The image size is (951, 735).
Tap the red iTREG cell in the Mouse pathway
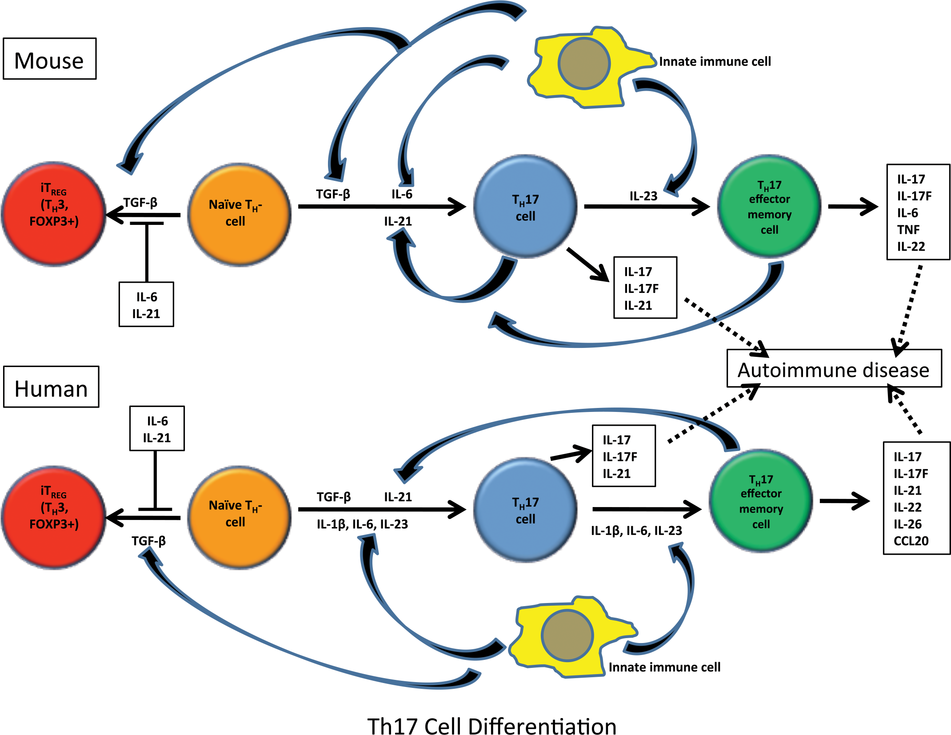[x=53, y=214]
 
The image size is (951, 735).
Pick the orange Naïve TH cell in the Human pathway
[x=239, y=518]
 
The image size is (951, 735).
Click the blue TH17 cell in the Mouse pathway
[x=525, y=206]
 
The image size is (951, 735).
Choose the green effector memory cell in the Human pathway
[x=761, y=501]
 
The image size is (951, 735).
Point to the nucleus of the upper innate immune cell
[x=584, y=64]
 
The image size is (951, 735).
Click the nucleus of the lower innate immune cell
[x=567, y=635]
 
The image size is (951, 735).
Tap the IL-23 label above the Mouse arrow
[x=643, y=196]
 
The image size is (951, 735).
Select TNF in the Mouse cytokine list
[x=908, y=230]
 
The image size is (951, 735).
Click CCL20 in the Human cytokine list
[x=911, y=541]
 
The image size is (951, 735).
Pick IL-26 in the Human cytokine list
[x=907, y=524]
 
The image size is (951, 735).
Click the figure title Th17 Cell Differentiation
[x=492, y=727]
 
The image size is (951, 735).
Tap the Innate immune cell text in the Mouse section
[x=715, y=61]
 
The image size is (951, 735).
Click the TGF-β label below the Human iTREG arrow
[x=148, y=541]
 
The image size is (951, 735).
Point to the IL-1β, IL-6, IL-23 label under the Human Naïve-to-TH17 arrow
[x=362, y=524]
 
